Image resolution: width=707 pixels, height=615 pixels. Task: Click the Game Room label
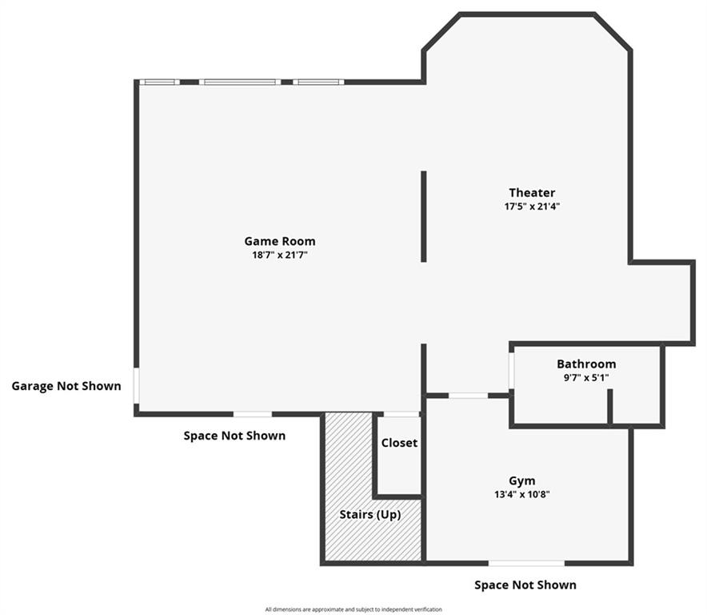[x=279, y=241]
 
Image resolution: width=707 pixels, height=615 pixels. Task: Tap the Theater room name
[x=532, y=192]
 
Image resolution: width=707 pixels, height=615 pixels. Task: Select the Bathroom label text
[x=586, y=364]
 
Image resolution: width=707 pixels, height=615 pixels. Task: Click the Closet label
[x=399, y=443]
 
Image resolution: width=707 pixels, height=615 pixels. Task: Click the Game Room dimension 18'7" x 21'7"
[x=279, y=255]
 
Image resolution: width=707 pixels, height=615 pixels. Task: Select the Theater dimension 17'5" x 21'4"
[x=532, y=206]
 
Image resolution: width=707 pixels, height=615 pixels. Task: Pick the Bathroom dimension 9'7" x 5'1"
[x=586, y=377]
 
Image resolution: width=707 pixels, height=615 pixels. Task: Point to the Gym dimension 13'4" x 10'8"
[x=522, y=494]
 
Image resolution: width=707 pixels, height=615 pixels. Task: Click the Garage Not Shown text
[x=66, y=386]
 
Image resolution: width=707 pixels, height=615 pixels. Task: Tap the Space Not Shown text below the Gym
[x=525, y=585]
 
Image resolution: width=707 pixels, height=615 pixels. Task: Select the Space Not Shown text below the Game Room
[x=234, y=436]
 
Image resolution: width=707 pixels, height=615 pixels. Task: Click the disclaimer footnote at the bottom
[x=353, y=609]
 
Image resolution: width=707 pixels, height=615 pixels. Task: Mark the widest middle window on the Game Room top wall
[x=240, y=82]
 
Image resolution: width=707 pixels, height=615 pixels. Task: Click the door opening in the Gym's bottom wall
[x=526, y=563]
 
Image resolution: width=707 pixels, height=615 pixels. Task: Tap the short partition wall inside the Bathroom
[x=609, y=407]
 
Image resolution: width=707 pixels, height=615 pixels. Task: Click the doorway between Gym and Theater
[x=468, y=395]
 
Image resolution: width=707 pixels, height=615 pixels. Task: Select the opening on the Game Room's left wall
[x=136, y=387]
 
